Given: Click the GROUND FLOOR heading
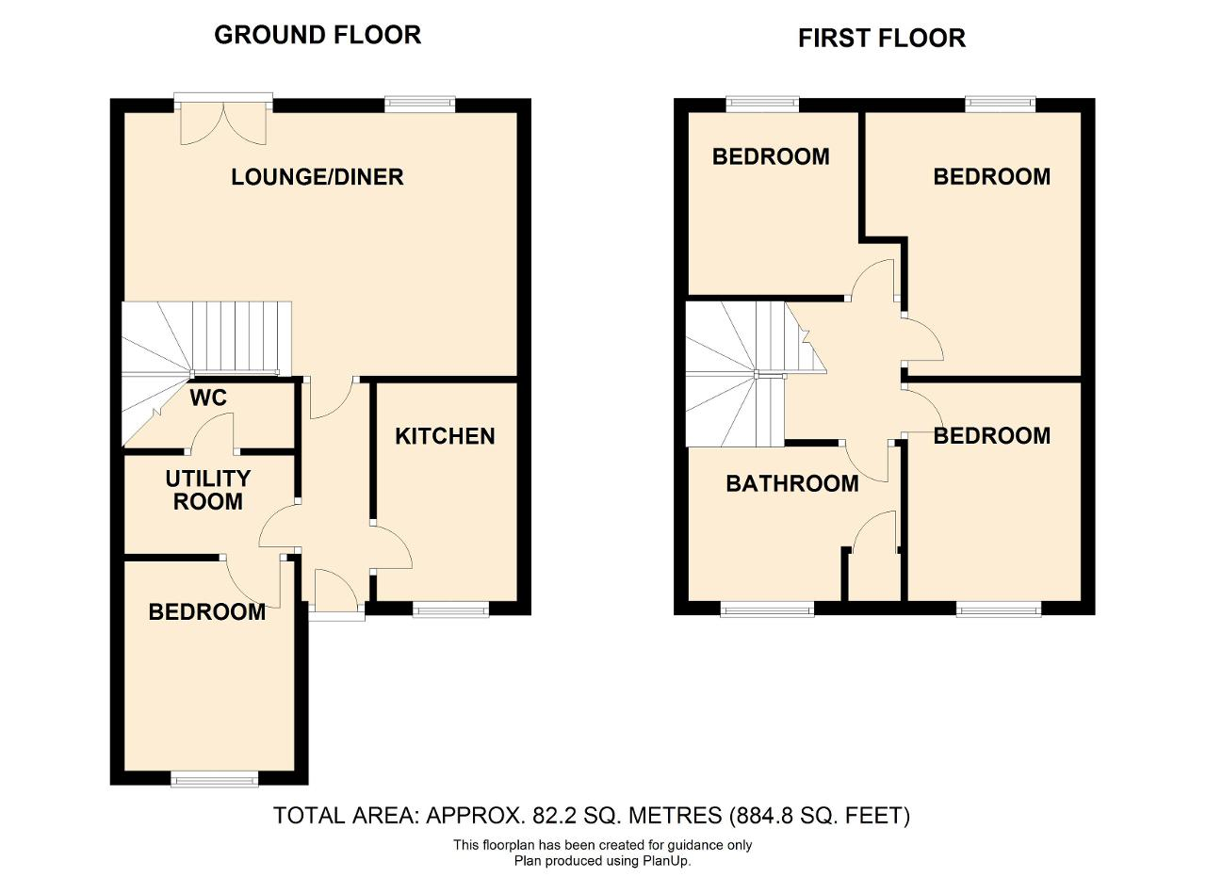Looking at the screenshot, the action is point(318,35).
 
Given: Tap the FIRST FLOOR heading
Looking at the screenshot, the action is point(882,39).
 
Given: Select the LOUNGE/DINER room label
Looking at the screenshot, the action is point(318,177).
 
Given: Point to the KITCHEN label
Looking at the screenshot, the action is point(445,436).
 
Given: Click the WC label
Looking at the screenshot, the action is point(208,398).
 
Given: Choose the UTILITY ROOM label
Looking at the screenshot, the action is point(208,490).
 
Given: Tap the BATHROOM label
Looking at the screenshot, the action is point(792,483).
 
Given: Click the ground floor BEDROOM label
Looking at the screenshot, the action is point(207,612).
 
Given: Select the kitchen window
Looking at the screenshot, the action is point(451,610).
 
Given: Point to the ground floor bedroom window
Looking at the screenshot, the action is point(214,780).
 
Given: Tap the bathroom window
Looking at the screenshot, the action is point(767,610).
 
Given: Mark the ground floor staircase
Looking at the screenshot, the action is point(204,371).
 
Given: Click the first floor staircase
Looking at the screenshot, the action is point(754,374).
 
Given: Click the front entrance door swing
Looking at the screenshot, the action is point(335,590).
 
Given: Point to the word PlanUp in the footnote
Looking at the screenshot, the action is point(665,861).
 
